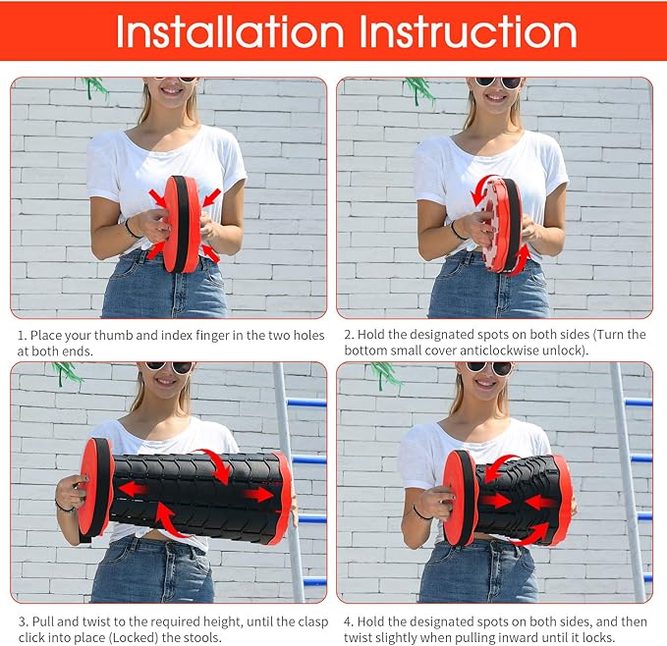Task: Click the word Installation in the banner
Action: click(230, 31)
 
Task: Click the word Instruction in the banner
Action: click(468, 31)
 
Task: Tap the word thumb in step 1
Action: click(113, 336)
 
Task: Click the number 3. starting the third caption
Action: click(24, 621)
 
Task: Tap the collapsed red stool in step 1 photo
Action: click(182, 224)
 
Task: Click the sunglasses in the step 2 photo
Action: click(498, 82)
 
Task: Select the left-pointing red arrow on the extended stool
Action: click(132, 489)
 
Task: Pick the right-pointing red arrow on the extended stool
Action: click(258, 494)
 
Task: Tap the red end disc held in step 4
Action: click(461, 498)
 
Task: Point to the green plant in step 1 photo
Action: click(94, 87)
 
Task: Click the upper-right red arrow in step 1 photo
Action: click(211, 197)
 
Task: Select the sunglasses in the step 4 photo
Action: click(489, 368)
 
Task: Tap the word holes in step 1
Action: click(306, 336)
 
